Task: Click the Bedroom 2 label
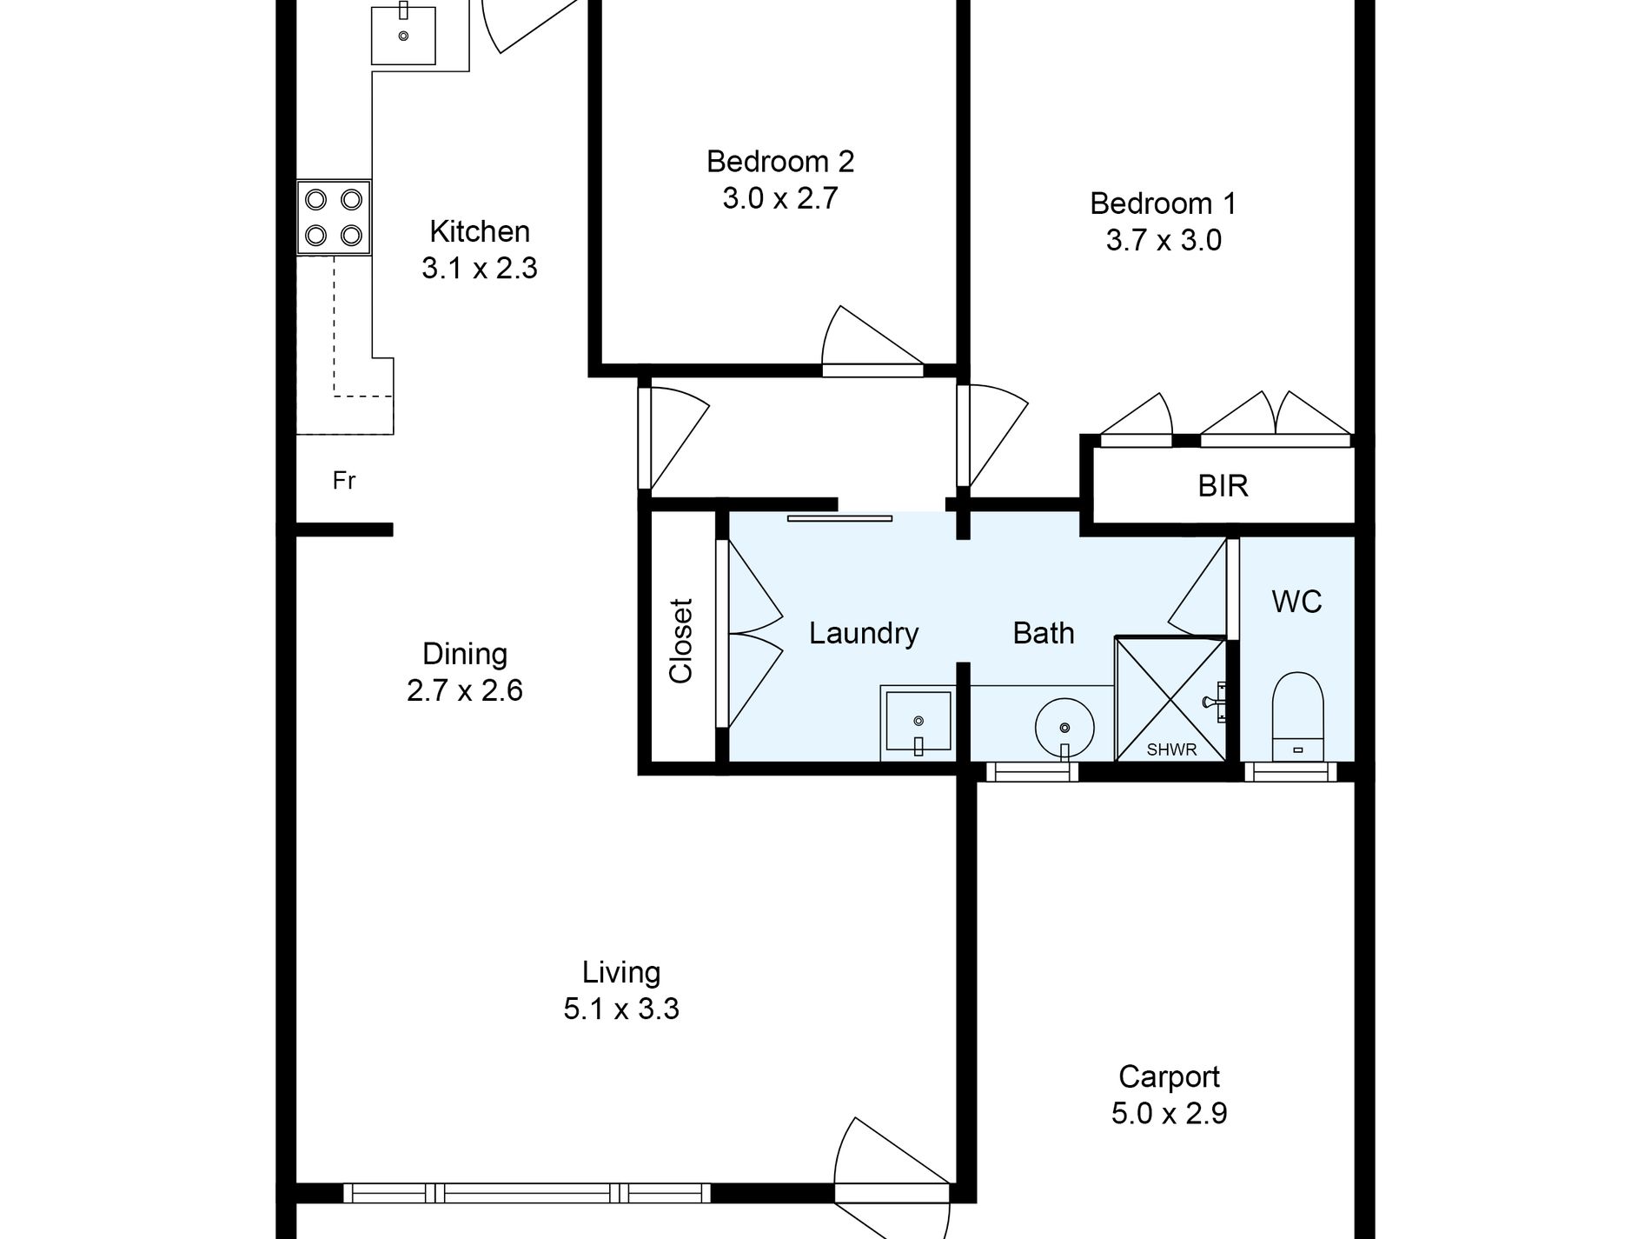coord(779,162)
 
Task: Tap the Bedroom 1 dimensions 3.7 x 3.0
coord(1163,240)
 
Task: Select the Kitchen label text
coord(479,231)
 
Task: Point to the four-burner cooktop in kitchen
coord(334,217)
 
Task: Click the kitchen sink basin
coord(403,35)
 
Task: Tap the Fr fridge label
coord(344,481)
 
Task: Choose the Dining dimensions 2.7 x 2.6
coord(464,690)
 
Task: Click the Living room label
coord(620,972)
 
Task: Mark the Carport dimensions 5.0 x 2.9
coord(1168,1113)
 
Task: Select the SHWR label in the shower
coord(1171,749)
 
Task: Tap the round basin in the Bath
coord(1064,727)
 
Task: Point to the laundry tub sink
coord(918,722)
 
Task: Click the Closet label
coord(680,641)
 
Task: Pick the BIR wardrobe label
coord(1223,486)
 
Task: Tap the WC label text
coord(1296,602)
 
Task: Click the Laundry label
coord(863,633)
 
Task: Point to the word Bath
coord(1043,633)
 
